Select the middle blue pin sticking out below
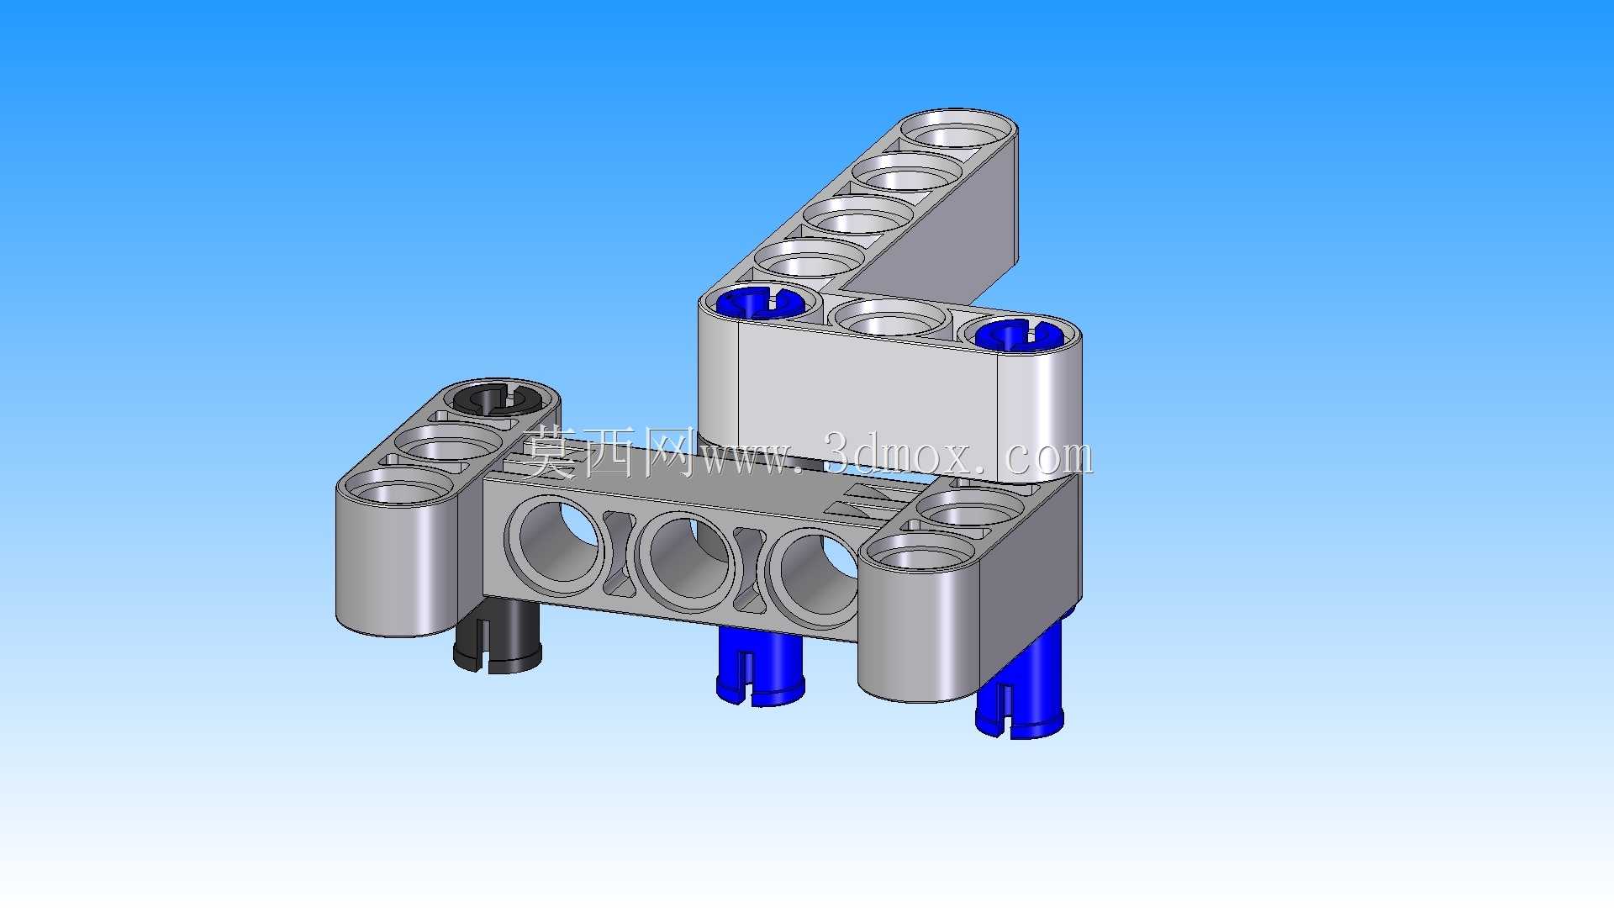pos(761,668)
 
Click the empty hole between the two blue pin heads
pos(890,318)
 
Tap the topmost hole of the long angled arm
pos(958,130)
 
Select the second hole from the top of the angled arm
pos(908,172)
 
